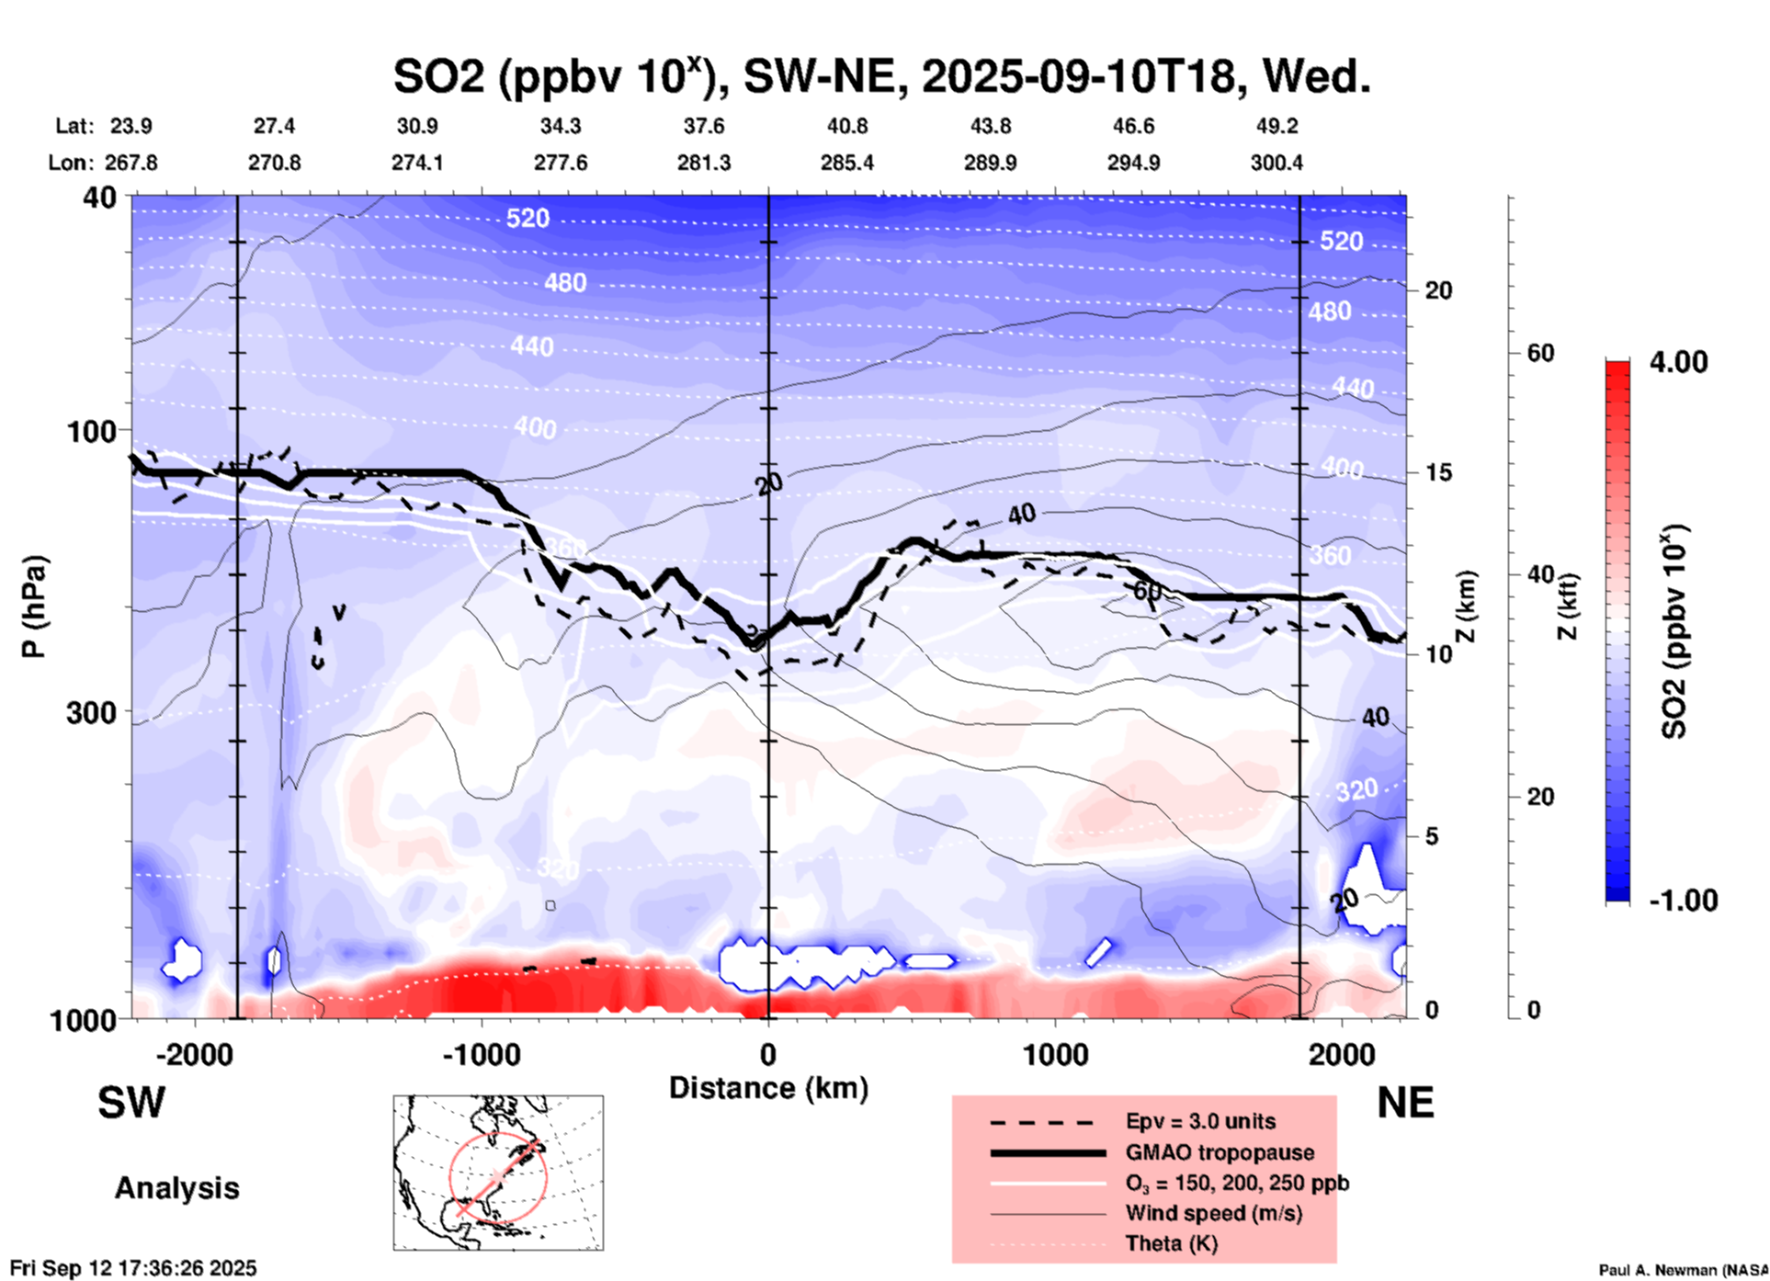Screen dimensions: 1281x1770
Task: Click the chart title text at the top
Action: click(881, 76)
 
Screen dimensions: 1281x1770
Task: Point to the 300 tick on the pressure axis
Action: click(92, 712)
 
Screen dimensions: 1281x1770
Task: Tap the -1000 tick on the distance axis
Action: click(482, 1054)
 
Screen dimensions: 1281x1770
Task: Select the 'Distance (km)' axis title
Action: click(768, 1088)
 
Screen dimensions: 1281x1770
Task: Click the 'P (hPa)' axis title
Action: click(34, 606)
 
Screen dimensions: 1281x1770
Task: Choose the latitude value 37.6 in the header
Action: click(703, 126)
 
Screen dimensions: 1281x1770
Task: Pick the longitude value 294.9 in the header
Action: click(1133, 163)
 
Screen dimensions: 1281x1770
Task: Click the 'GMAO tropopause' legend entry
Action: click(1220, 1152)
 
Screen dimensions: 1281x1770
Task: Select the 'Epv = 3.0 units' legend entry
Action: click(1200, 1121)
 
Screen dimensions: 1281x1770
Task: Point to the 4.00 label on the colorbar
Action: click(1678, 362)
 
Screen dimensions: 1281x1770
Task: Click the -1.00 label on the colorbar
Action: click(1683, 901)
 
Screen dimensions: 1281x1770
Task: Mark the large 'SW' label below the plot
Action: click(131, 1103)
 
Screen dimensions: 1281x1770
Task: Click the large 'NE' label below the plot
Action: click(1405, 1103)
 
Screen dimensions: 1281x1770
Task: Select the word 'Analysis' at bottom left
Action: click(176, 1188)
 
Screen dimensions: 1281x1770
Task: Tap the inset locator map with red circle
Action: click(498, 1173)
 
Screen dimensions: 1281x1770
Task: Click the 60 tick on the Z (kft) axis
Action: click(1540, 353)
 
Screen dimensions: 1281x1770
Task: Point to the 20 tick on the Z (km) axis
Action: click(1438, 290)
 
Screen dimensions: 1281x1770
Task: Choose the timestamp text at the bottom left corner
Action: click(133, 1268)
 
